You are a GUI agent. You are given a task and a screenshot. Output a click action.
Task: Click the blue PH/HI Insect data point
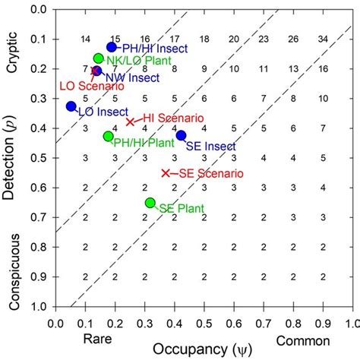point(112,47)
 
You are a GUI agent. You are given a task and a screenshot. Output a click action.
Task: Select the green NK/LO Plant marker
point(98,58)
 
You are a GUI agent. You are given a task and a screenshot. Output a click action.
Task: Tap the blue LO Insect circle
point(71,106)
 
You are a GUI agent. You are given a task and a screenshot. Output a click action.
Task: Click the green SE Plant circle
point(150,203)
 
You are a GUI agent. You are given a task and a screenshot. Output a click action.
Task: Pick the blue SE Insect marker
point(181,135)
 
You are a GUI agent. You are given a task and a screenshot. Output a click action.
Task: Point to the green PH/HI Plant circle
point(108,136)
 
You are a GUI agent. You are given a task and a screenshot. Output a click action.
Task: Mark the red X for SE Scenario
point(166,173)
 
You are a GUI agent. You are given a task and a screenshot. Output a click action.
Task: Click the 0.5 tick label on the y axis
point(39,158)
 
